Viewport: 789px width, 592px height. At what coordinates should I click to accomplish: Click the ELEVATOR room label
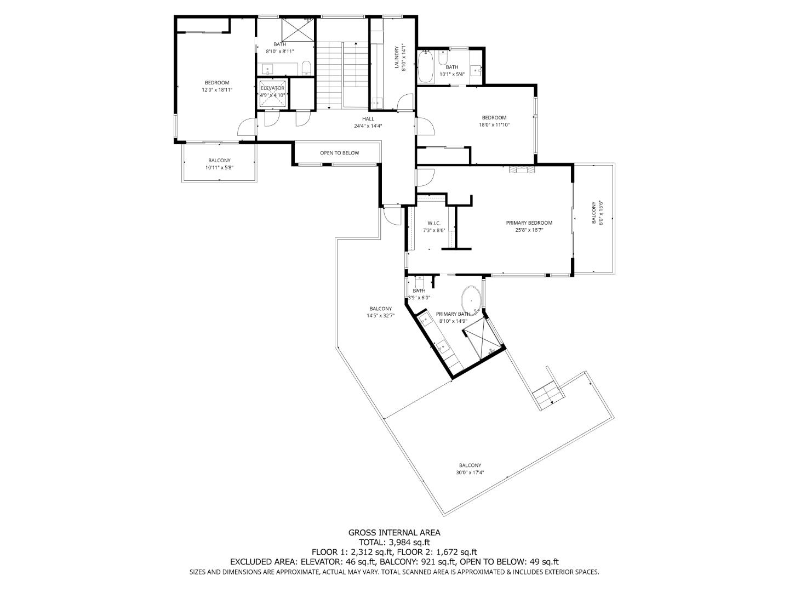tap(272, 88)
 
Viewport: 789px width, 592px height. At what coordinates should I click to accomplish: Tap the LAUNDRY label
tap(397, 57)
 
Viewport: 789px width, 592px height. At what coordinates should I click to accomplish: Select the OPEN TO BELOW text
tap(339, 153)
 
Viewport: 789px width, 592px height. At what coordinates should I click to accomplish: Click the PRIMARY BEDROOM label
tap(529, 223)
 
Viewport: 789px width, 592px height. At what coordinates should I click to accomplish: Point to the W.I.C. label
tap(434, 223)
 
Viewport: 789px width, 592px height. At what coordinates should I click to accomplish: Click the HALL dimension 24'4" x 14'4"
tap(368, 126)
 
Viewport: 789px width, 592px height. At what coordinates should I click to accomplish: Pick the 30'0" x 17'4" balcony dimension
tap(470, 473)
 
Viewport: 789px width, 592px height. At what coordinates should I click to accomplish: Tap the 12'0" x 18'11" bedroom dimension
tap(217, 90)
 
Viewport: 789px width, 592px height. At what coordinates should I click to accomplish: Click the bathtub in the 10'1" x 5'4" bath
tap(426, 66)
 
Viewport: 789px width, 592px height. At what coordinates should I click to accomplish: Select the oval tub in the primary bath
tap(471, 300)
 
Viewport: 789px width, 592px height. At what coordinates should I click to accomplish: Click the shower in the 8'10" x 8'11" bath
tap(298, 30)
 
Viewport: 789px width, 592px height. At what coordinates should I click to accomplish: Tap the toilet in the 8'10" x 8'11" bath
tap(306, 69)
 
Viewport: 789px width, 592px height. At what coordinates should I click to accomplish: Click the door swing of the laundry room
tap(405, 102)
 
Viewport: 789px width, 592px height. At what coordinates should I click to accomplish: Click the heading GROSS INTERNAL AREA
tap(394, 532)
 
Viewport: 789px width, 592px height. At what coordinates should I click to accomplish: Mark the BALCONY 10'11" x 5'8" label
tap(219, 164)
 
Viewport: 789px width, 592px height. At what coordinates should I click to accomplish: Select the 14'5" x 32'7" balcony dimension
tap(380, 316)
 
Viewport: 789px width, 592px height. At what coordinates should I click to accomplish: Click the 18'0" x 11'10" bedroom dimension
tap(494, 125)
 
